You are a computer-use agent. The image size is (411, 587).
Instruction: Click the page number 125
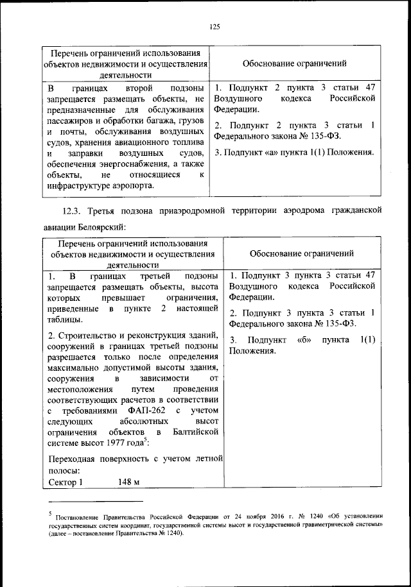214,26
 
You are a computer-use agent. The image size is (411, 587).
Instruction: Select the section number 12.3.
73,210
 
